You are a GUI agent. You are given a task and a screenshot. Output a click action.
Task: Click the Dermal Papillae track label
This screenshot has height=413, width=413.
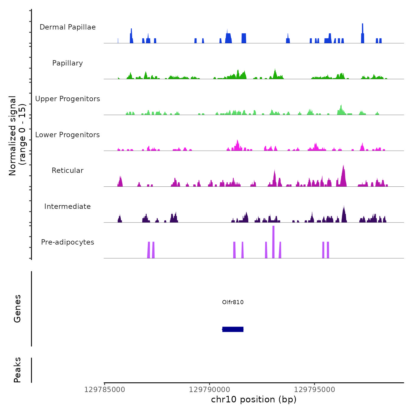click(68, 27)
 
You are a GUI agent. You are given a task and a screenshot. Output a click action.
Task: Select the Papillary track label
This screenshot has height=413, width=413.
click(68, 63)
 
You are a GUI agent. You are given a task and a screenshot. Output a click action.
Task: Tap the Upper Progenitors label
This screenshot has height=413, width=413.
click(68, 99)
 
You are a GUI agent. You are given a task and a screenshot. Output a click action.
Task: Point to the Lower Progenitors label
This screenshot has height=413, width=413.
click(68, 135)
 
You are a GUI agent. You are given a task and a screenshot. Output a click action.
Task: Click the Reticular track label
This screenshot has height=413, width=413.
click(68, 171)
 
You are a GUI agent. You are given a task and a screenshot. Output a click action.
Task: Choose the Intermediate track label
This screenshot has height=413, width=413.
click(68, 206)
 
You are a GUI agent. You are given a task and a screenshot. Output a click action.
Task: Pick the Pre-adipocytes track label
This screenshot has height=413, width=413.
click(68, 242)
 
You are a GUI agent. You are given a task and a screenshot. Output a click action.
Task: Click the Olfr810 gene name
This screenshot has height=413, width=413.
click(233, 302)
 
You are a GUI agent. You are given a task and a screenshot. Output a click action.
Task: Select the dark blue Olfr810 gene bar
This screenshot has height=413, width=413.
click(233, 329)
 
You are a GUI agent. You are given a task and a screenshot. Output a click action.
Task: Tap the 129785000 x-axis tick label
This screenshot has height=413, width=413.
click(104, 390)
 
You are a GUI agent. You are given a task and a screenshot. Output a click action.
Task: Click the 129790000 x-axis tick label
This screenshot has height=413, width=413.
click(209, 390)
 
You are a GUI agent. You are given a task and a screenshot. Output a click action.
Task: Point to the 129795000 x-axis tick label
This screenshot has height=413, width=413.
click(314, 390)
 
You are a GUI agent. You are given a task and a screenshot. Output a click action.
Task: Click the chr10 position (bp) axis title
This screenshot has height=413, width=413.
click(254, 399)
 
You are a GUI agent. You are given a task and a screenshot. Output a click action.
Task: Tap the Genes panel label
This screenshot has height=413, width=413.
click(17, 309)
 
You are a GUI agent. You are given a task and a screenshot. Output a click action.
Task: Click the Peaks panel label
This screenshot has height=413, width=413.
click(17, 370)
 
